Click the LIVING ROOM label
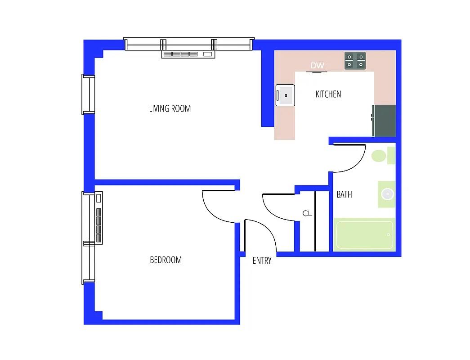(x=170, y=108)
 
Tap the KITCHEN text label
(x=328, y=94)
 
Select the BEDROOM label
(x=166, y=260)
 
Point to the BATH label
(x=344, y=194)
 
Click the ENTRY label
(x=262, y=261)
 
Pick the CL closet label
(x=307, y=214)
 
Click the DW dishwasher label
(x=317, y=66)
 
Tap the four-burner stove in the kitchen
(x=355, y=61)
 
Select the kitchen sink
(x=285, y=95)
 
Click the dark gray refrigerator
(x=385, y=121)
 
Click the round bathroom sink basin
(x=387, y=194)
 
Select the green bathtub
(x=364, y=234)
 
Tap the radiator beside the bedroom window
(x=99, y=218)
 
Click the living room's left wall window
(x=89, y=94)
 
